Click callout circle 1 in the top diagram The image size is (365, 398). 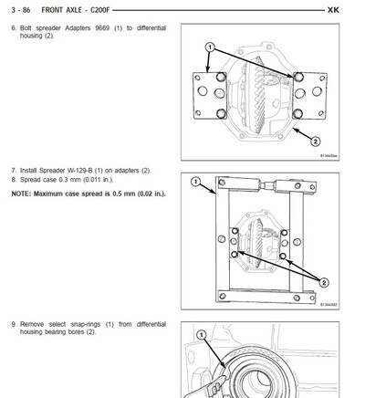(x=209, y=46)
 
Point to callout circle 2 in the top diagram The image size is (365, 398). (x=315, y=141)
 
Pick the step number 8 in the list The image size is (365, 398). (x=13, y=180)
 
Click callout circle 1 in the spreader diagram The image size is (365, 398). (x=194, y=182)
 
